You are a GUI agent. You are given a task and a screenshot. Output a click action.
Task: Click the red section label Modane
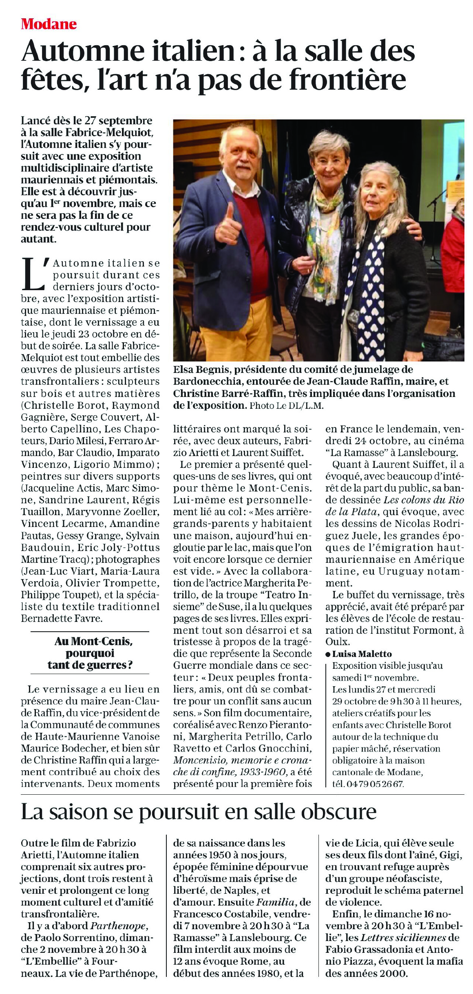49,24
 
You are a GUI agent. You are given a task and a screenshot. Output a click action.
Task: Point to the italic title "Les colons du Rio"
424,500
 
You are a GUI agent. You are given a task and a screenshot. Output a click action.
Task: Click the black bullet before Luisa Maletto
328,654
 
